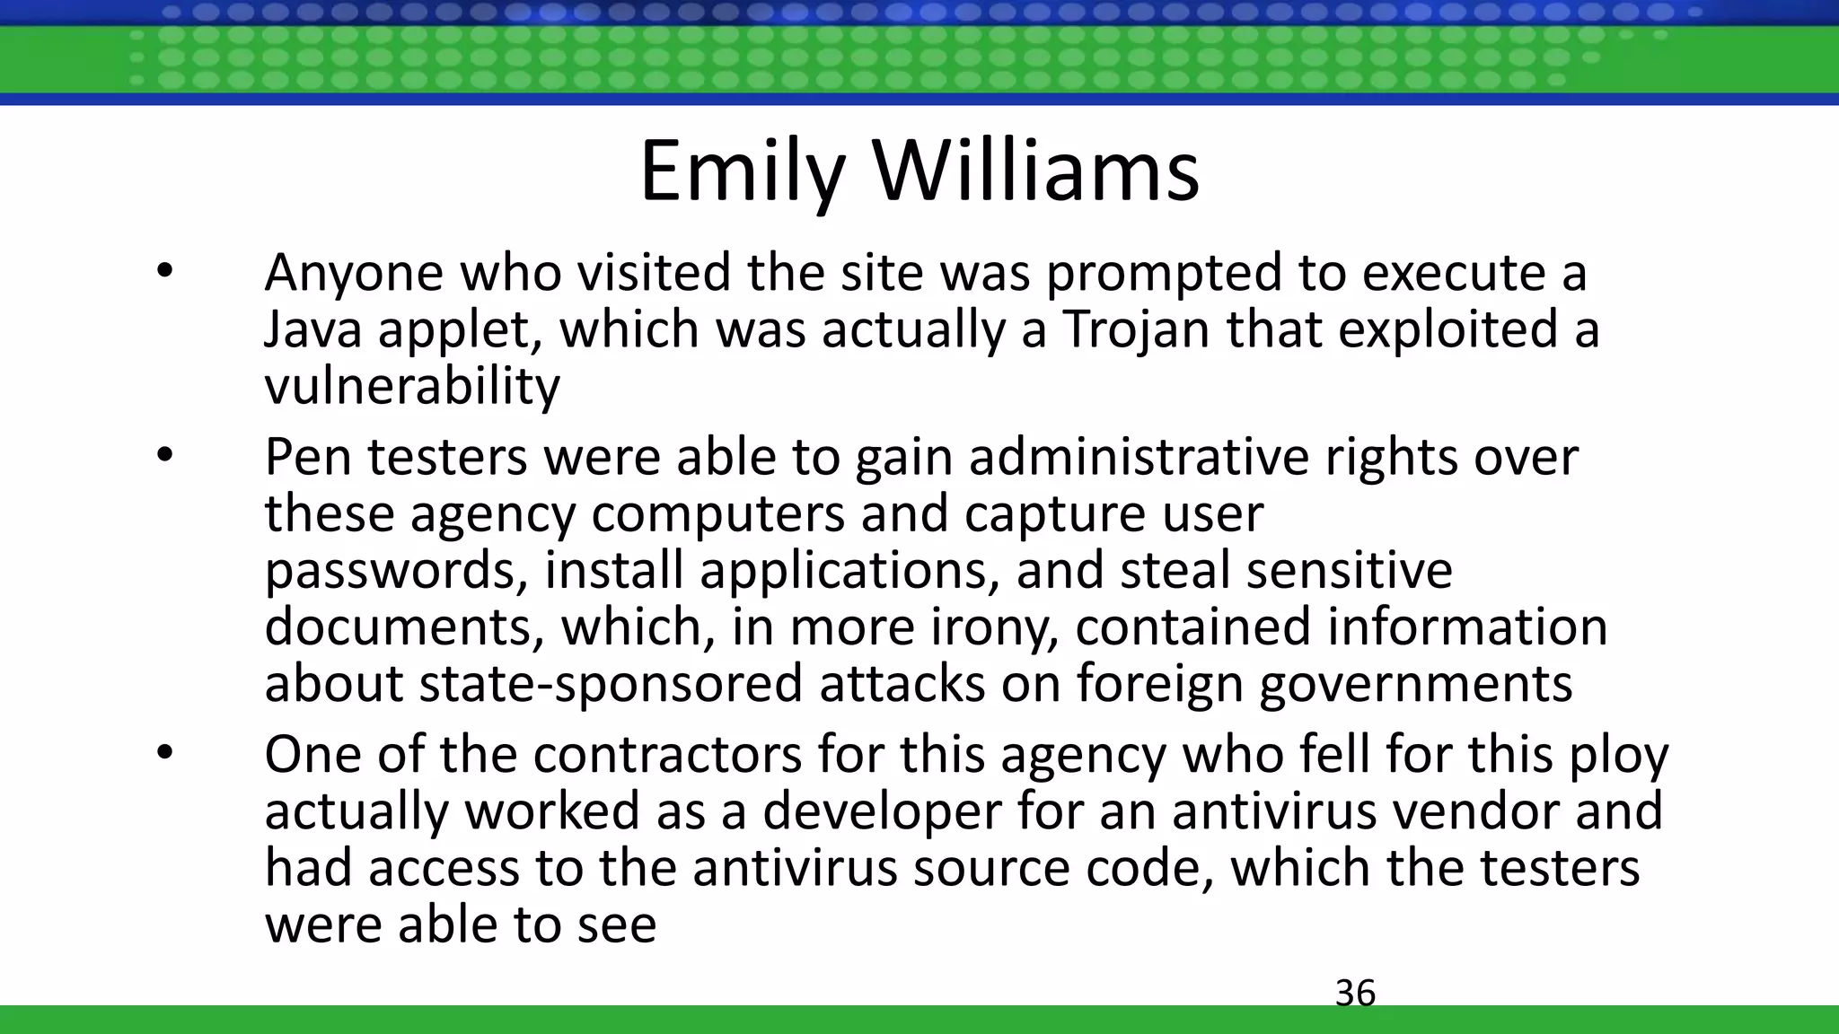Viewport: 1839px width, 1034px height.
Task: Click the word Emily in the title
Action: point(742,172)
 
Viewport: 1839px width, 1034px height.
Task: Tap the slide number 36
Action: point(1355,994)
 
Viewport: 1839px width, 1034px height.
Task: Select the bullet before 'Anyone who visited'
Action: point(163,271)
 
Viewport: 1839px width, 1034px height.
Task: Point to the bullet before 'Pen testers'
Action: point(163,456)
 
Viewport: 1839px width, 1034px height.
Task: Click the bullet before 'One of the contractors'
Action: point(163,754)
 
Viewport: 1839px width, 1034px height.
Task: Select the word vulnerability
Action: point(412,386)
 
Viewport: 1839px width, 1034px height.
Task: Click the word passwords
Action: point(396,571)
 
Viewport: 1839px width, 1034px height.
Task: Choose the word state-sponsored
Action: point(611,683)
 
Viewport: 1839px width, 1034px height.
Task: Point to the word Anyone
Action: point(354,273)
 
